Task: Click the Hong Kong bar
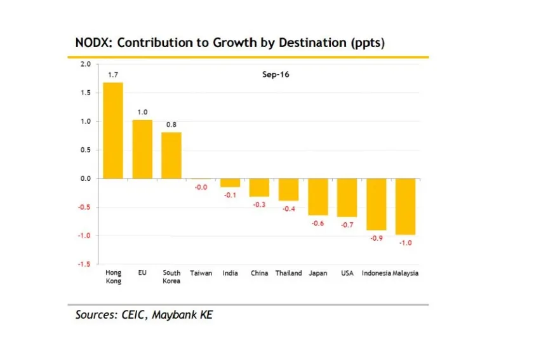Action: [113, 130]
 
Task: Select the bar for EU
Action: [142, 149]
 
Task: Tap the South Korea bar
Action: [171, 155]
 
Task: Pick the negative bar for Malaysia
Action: [405, 206]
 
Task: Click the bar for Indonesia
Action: [376, 204]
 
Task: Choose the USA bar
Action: [347, 197]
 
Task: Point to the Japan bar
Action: [317, 197]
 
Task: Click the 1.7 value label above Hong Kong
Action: [113, 75]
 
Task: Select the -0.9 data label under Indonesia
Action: [376, 238]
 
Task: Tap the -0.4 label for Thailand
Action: [288, 209]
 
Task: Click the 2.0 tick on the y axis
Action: [86, 64]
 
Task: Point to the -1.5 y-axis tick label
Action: [84, 264]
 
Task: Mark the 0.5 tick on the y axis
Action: [86, 150]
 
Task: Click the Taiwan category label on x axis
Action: [201, 273]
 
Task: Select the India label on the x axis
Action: [230, 273]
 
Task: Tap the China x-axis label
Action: [259, 273]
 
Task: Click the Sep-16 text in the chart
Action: [276, 75]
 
